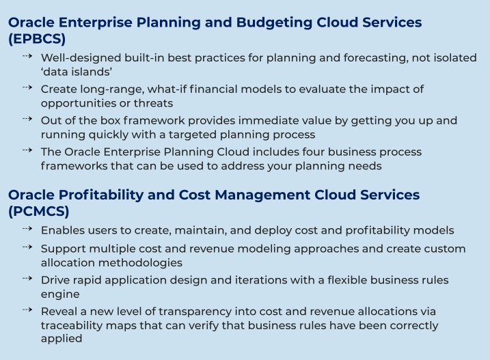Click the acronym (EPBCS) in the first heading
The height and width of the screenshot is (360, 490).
37,39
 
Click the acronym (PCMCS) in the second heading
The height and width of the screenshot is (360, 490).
38,212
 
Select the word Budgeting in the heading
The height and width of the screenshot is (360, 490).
274,23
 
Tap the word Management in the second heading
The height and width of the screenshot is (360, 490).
262,195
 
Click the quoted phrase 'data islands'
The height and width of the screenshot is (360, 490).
77,72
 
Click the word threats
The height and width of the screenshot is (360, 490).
153,103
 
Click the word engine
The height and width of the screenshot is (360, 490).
60,294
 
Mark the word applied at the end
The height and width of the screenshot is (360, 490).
62,339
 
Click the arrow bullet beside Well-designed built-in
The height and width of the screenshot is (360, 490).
27,56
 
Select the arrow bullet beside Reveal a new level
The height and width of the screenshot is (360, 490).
27,310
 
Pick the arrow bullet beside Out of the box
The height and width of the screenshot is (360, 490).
27,119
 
